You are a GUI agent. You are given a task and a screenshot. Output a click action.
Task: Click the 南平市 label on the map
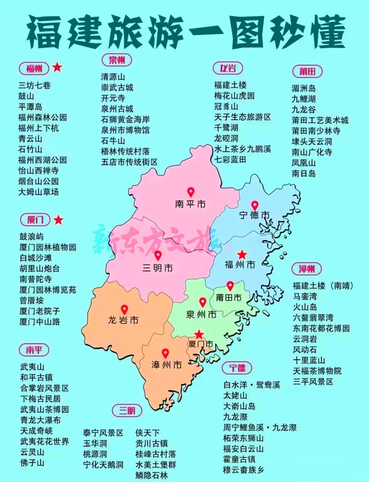coord(190,204)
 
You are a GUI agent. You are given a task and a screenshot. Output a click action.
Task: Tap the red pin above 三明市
coord(158,255)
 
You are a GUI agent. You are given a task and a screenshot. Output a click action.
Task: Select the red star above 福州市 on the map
coord(242,254)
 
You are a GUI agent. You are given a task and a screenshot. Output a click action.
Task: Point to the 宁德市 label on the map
coord(255,215)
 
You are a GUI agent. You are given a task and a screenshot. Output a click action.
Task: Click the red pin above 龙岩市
coord(124,309)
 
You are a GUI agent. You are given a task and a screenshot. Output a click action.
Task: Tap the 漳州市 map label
coord(167,365)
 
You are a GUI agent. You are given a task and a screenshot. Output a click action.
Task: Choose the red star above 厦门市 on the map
coord(199,334)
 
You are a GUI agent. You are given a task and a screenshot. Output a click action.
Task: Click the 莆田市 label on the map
coord(229,298)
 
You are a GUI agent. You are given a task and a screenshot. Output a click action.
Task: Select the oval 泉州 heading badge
coord(117,60)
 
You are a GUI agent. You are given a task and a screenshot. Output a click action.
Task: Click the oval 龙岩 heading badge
coord(228,68)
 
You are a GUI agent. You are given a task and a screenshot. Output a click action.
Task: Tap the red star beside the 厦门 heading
coord(58,220)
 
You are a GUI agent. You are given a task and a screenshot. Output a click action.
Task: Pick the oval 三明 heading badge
coord(127,410)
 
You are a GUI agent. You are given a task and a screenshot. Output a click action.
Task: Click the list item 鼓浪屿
coord(31,237)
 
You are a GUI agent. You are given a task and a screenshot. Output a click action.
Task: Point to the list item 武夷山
coord(32,367)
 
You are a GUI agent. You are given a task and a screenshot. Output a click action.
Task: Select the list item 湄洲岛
coord(303,88)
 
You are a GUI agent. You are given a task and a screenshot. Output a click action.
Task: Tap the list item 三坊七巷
coord(35,85)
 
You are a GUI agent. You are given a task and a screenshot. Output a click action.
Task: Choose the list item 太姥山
coord(235,396)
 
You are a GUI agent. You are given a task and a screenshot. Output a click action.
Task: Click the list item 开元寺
coord(113,98)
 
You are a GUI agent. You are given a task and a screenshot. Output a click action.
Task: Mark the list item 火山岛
coord(305,307)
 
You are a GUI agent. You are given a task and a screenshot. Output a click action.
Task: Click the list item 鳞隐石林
coord(152,475)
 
